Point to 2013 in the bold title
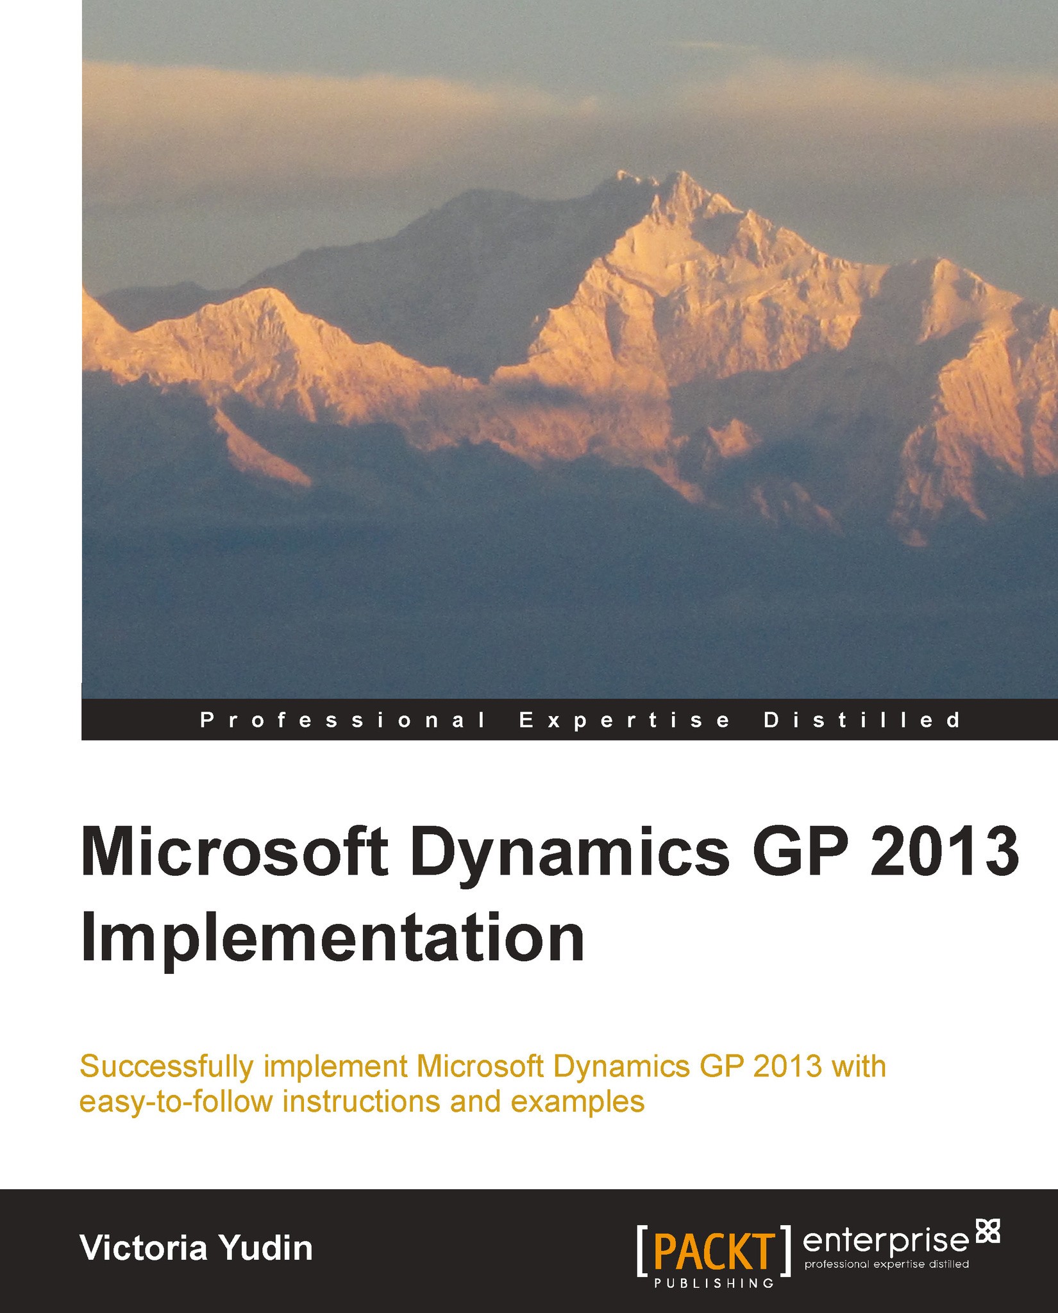point(955,853)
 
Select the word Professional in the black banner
point(343,720)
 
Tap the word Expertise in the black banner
point(625,720)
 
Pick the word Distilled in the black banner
point(862,720)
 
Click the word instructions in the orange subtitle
point(361,1102)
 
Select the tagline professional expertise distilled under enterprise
point(886,1264)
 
